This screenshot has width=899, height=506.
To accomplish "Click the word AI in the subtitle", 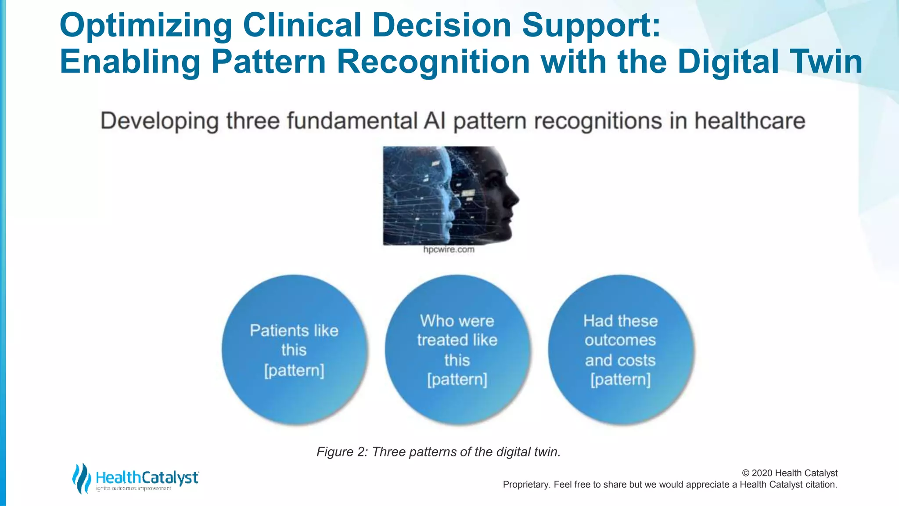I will point(435,121).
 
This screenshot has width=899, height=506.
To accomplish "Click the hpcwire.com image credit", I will point(449,249).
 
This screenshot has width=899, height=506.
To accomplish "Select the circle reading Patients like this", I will point(294,349).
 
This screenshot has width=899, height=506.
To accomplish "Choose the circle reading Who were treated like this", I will point(457,349).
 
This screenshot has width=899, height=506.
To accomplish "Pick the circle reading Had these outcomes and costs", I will point(620,349).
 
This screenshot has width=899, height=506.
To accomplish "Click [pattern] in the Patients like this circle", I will point(294,370).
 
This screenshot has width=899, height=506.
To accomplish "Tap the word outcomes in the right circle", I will point(620,340).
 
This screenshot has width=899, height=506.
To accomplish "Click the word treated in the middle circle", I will point(442,340).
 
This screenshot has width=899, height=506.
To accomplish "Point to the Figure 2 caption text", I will point(439,452).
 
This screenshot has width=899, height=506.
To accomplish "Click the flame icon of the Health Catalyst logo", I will point(81,478).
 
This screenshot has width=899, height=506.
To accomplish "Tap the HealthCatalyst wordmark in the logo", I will point(147,477).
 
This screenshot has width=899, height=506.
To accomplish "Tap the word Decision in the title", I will point(442,25).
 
